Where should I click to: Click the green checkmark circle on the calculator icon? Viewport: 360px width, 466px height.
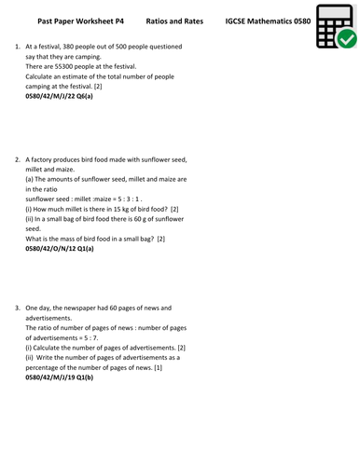(344, 38)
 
